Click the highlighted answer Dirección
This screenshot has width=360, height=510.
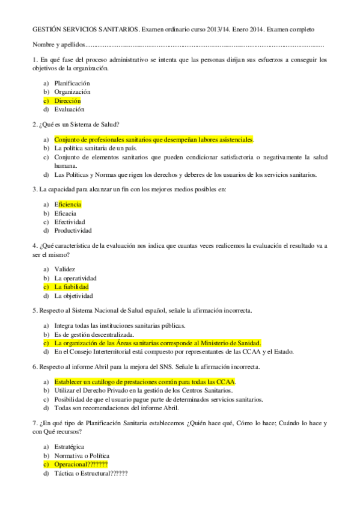[67, 101]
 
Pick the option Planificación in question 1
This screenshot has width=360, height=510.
[72, 83]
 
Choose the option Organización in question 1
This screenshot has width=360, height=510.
[72, 92]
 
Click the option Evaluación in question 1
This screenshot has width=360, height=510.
[69, 110]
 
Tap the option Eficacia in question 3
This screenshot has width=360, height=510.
[65, 214]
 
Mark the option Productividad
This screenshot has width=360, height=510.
[73, 231]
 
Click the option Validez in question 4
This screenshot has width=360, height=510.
[64, 269]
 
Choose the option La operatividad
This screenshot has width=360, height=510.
[75, 278]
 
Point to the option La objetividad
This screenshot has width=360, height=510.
[73, 296]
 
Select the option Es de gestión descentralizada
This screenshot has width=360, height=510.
[94, 334]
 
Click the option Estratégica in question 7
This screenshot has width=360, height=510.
[69, 446]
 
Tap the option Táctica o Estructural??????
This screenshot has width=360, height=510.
[91, 473]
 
